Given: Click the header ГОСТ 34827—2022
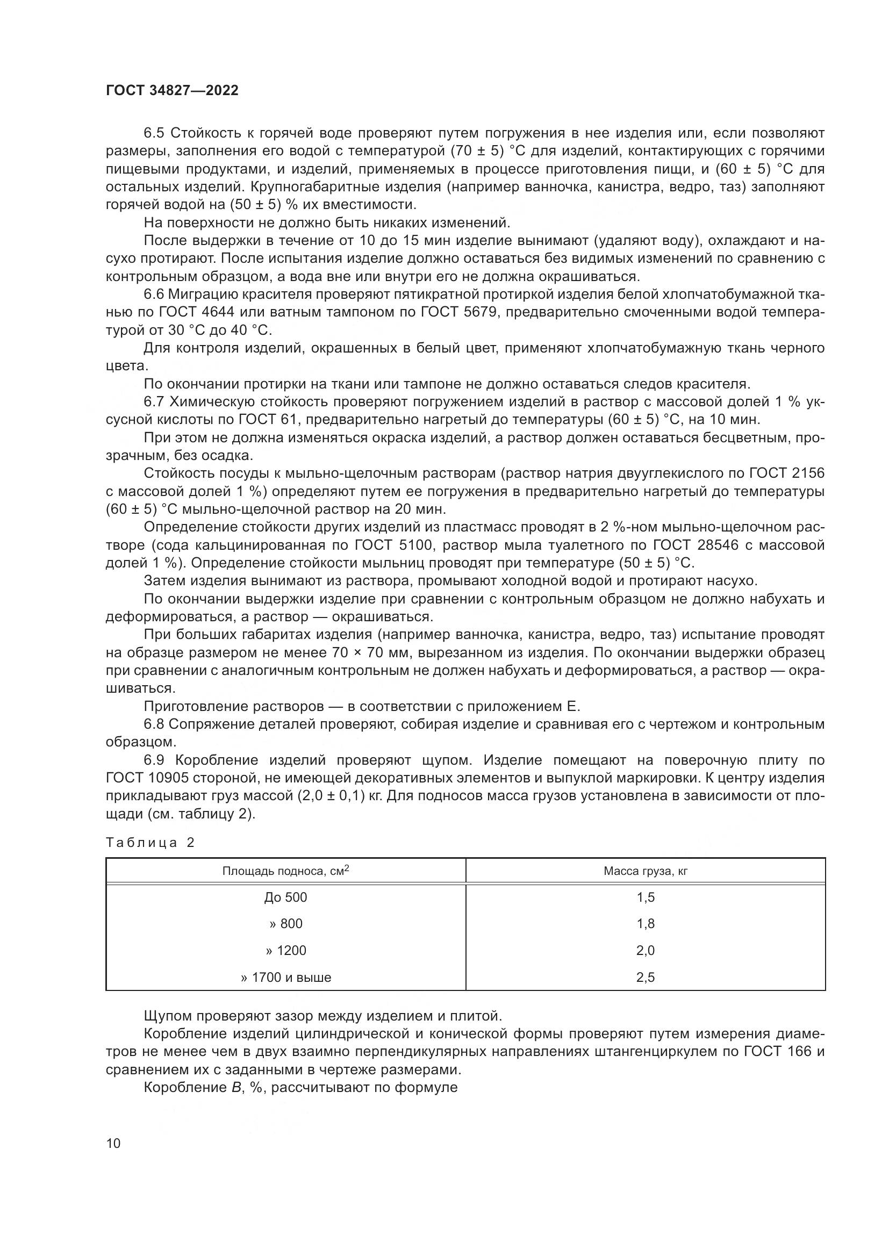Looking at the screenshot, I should click(172, 91).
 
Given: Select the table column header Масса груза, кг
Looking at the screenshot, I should click(646, 871).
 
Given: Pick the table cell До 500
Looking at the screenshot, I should click(286, 897).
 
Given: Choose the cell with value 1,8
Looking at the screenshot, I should click(646, 924).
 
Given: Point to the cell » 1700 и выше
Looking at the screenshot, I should click(286, 978).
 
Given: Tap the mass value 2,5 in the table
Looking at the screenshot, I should click(646, 978).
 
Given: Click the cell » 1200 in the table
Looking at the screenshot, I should click(286, 951).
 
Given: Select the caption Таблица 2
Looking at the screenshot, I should click(150, 843).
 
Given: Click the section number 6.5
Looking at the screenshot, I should click(155, 133).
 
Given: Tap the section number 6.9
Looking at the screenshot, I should click(155, 760).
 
